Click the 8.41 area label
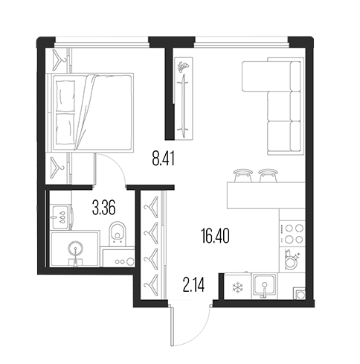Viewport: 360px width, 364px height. tap(164, 159)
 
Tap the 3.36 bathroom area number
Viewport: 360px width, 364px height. tap(103, 208)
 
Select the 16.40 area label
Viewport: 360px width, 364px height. tap(215, 236)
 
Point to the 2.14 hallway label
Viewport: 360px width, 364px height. tap(193, 285)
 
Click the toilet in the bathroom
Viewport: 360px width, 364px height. tap(118, 232)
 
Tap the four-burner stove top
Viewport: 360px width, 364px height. tap(292, 234)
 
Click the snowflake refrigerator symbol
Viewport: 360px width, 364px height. tap(237, 287)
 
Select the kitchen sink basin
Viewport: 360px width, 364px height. tap(264, 285)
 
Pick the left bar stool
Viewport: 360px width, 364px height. tap(243, 176)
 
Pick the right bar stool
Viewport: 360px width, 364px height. tap(268, 176)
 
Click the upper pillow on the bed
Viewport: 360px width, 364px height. tap(65, 96)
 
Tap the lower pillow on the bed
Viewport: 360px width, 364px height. tap(65, 129)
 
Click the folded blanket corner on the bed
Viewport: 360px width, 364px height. tap(86, 112)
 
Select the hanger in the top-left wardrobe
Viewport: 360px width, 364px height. tap(59, 60)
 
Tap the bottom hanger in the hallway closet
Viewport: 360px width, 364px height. tap(151, 284)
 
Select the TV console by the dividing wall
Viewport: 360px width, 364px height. tap(184, 98)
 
